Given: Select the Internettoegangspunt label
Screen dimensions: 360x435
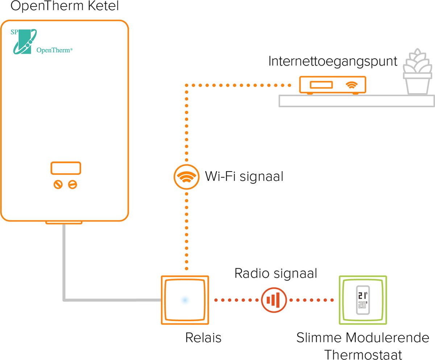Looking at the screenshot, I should tap(333, 61).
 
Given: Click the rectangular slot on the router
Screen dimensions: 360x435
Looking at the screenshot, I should tap(321, 85).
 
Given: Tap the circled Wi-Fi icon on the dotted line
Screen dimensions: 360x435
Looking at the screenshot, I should tap(186, 177).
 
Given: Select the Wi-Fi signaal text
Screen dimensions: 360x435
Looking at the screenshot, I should tap(244, 177).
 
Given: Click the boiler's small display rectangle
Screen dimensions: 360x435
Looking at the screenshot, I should tap(66, 169).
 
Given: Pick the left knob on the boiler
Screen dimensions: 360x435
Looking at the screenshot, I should tap(58, 185).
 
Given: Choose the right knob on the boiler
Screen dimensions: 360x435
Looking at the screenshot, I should tap(73, 185).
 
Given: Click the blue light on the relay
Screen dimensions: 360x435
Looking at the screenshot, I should tap(185, 300).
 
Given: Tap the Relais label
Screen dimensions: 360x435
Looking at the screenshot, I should tap(203, 338).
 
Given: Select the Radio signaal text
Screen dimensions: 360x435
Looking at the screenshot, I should tap(275, 273).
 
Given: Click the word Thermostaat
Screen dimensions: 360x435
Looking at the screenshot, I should tap(362, 354).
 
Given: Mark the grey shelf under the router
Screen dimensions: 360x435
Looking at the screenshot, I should tap(357, 101).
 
